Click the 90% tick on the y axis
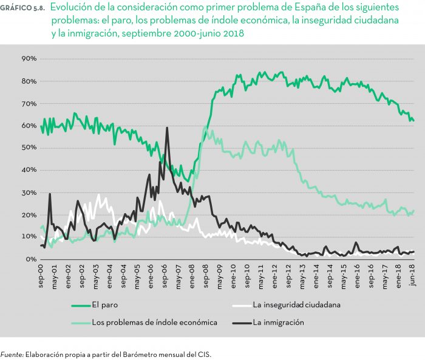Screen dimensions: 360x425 tap(29, 59)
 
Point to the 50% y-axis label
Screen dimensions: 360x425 tap(29, 148)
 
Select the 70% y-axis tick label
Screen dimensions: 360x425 tap(29, 103)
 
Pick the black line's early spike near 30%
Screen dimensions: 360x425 tap(50, 194)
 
